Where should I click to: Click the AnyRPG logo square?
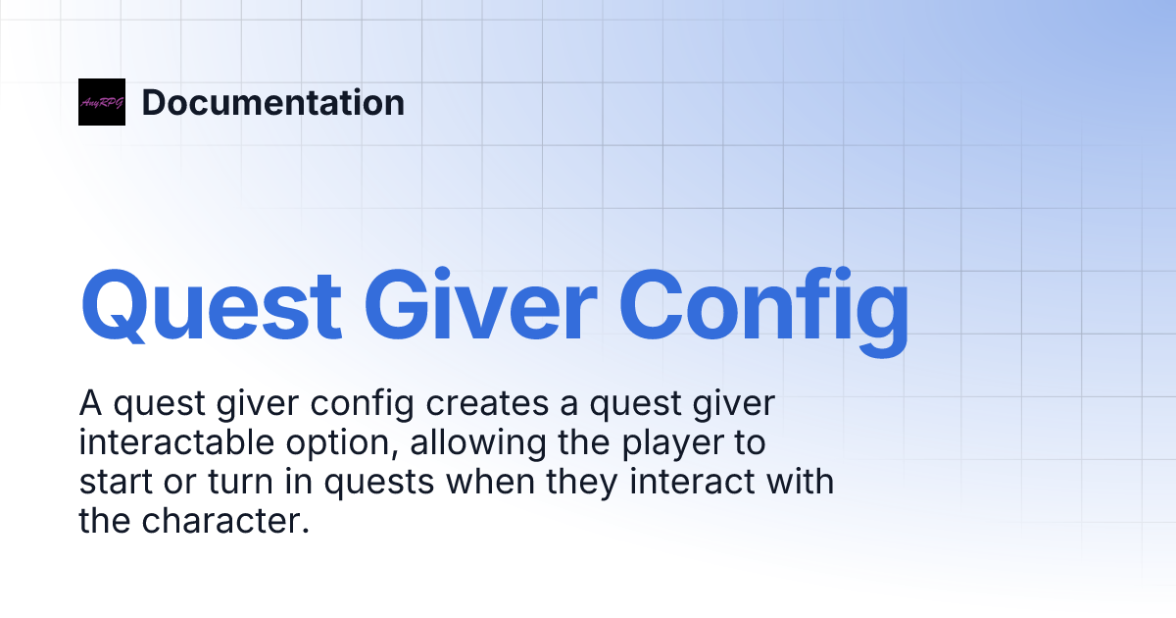click(102, 102)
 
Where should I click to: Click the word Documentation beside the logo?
click(273, 102)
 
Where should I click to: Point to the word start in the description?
click(115, 483)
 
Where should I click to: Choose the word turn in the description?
click(231, 483)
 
